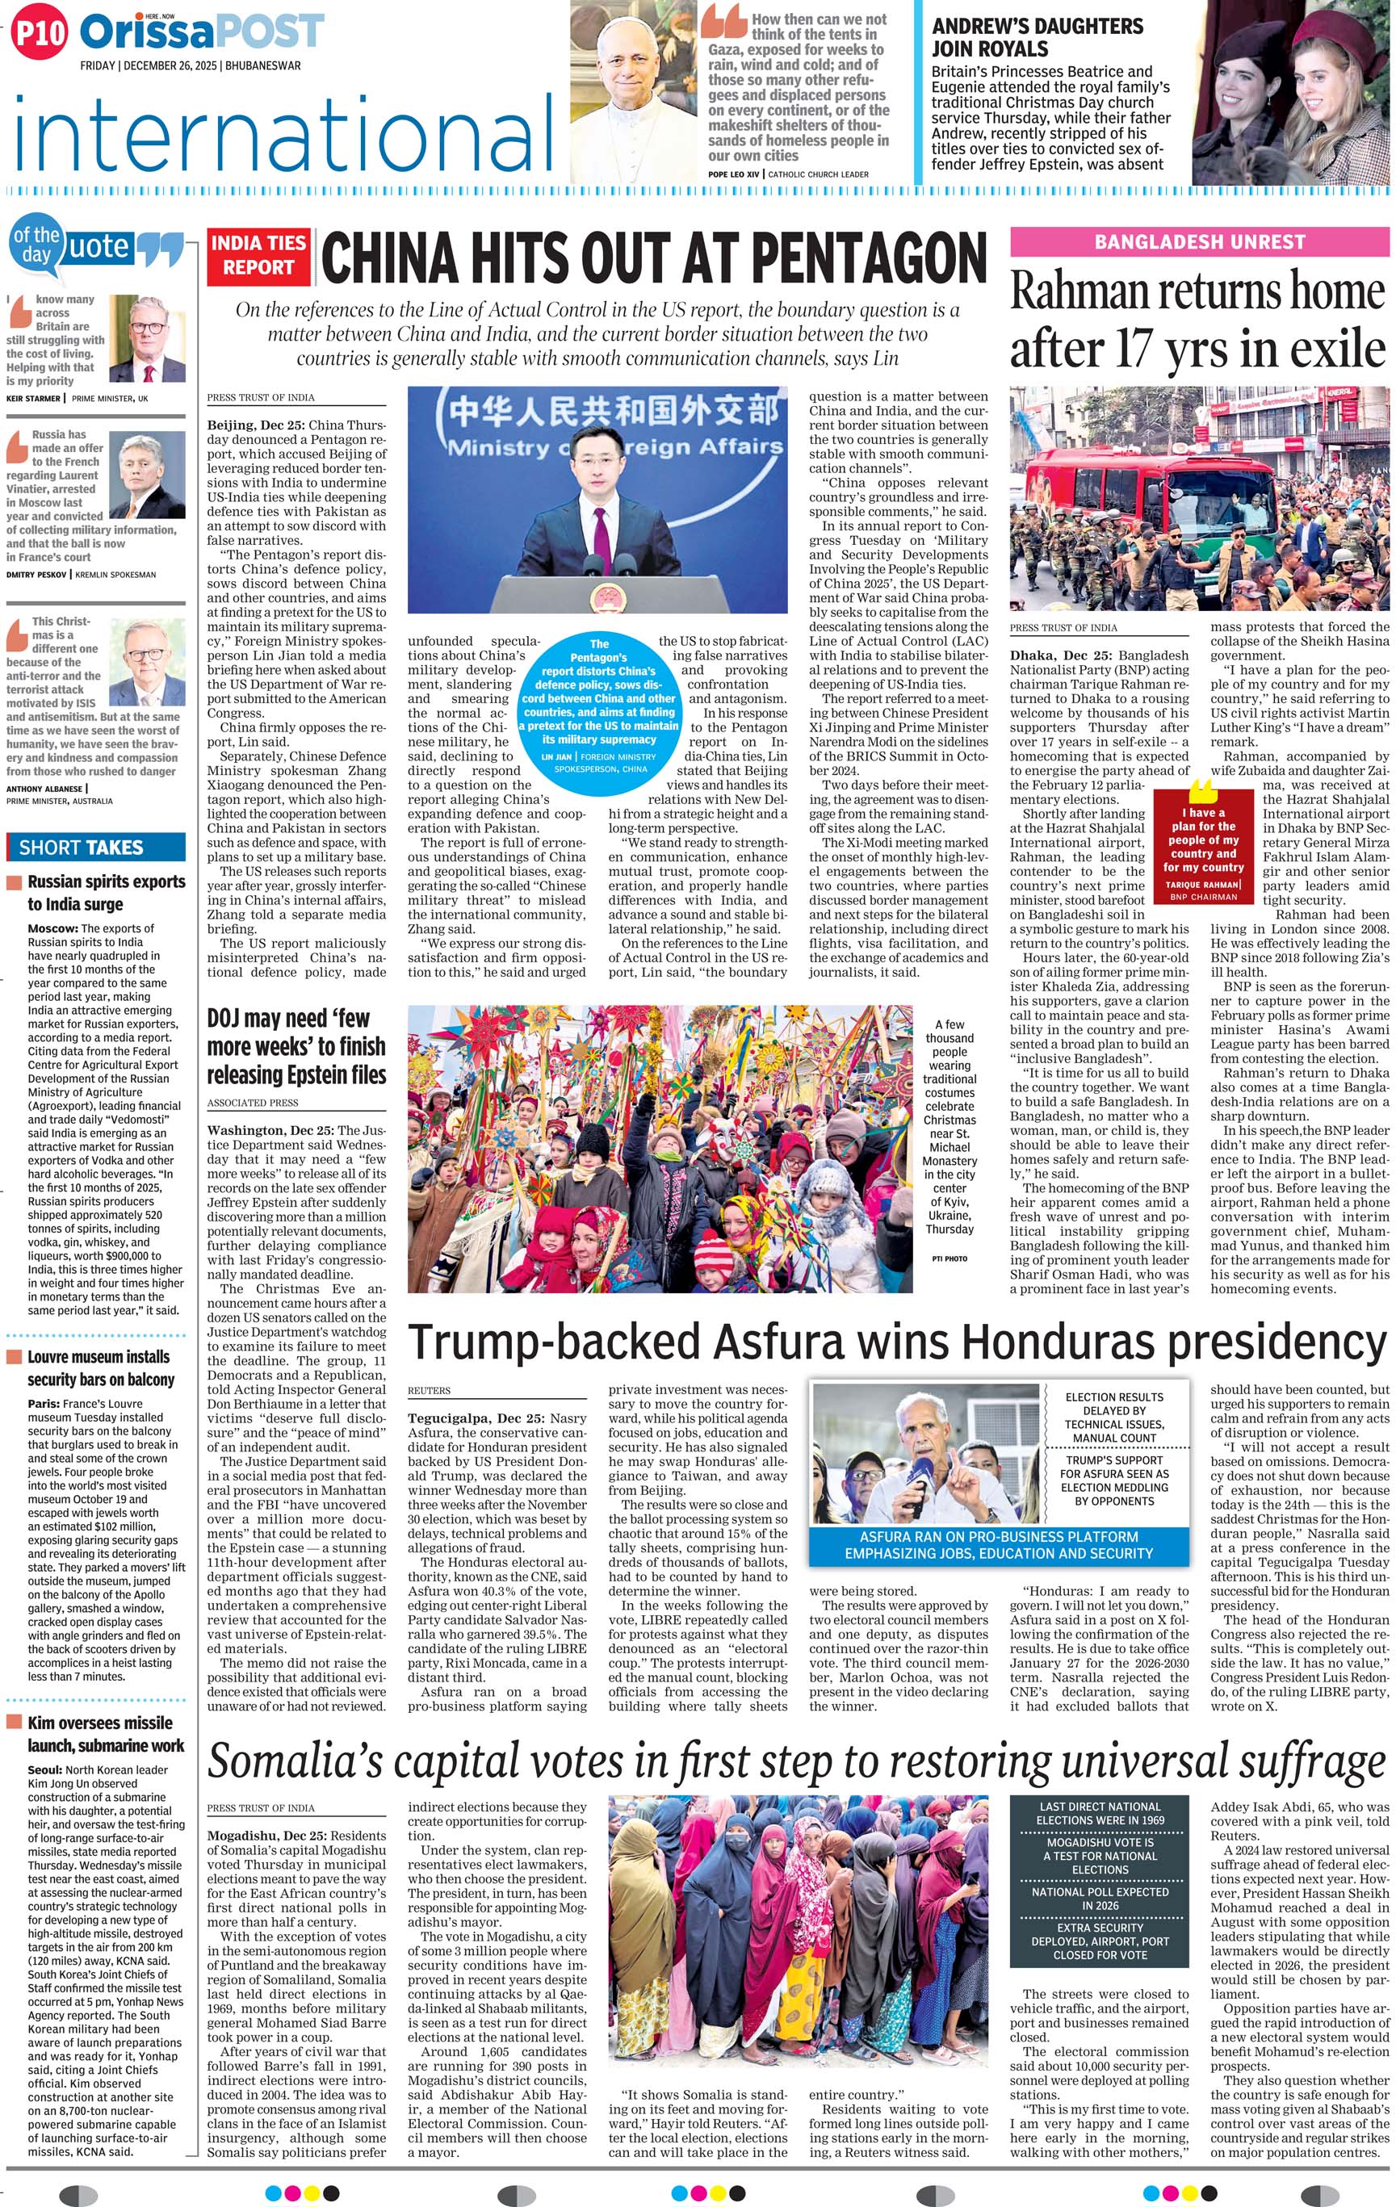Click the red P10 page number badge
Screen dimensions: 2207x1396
(40, 34)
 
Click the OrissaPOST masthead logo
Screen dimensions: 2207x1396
(202, 32)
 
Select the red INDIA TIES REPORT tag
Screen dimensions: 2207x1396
(258, 255)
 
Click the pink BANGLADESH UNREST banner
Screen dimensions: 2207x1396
(1199, 242)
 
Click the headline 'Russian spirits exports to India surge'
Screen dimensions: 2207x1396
(106, 892)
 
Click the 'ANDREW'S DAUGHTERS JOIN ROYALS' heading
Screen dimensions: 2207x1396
(1037, 38)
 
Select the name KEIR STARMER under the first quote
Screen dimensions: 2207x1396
(33, 399)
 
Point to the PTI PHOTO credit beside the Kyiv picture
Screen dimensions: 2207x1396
(949, 1258)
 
